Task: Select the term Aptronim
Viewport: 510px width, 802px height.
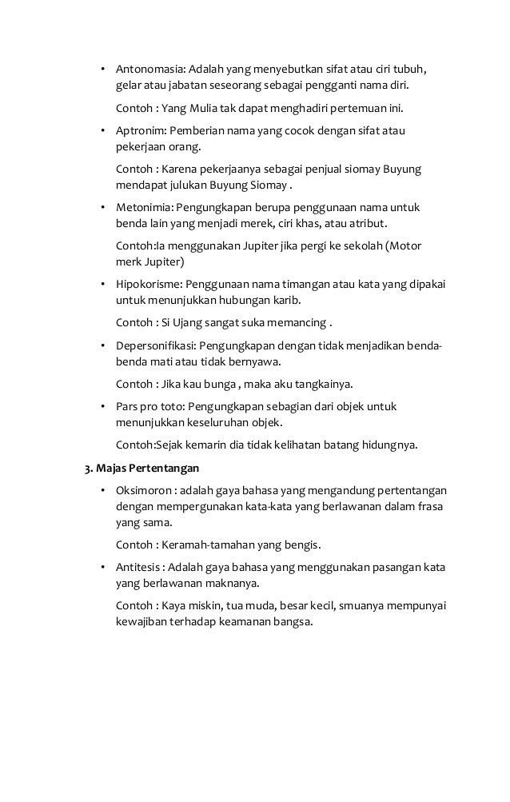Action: pos(139,129)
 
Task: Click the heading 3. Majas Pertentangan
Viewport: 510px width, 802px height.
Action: pos(143,467)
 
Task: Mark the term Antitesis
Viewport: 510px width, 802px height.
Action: pos(139,566)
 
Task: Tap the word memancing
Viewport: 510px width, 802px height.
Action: pos(297,324)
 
